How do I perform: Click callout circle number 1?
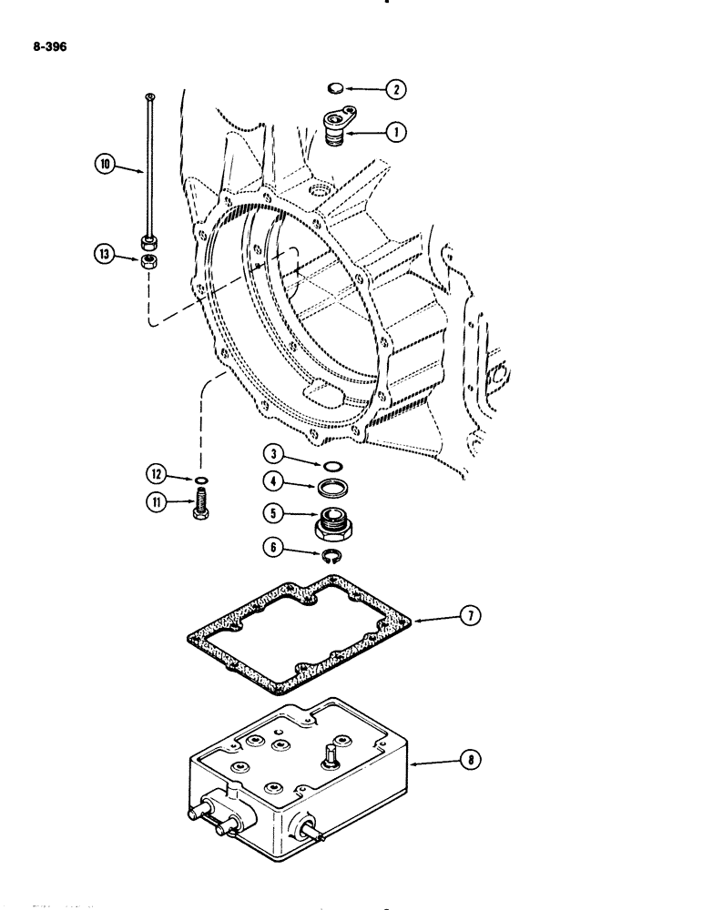tap(396, 131)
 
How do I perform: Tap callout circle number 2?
tap(396, 89)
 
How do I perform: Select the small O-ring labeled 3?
tap(334, 468)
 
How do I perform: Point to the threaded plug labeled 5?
tap(332, 525)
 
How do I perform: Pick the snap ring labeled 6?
tap(334, 552)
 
